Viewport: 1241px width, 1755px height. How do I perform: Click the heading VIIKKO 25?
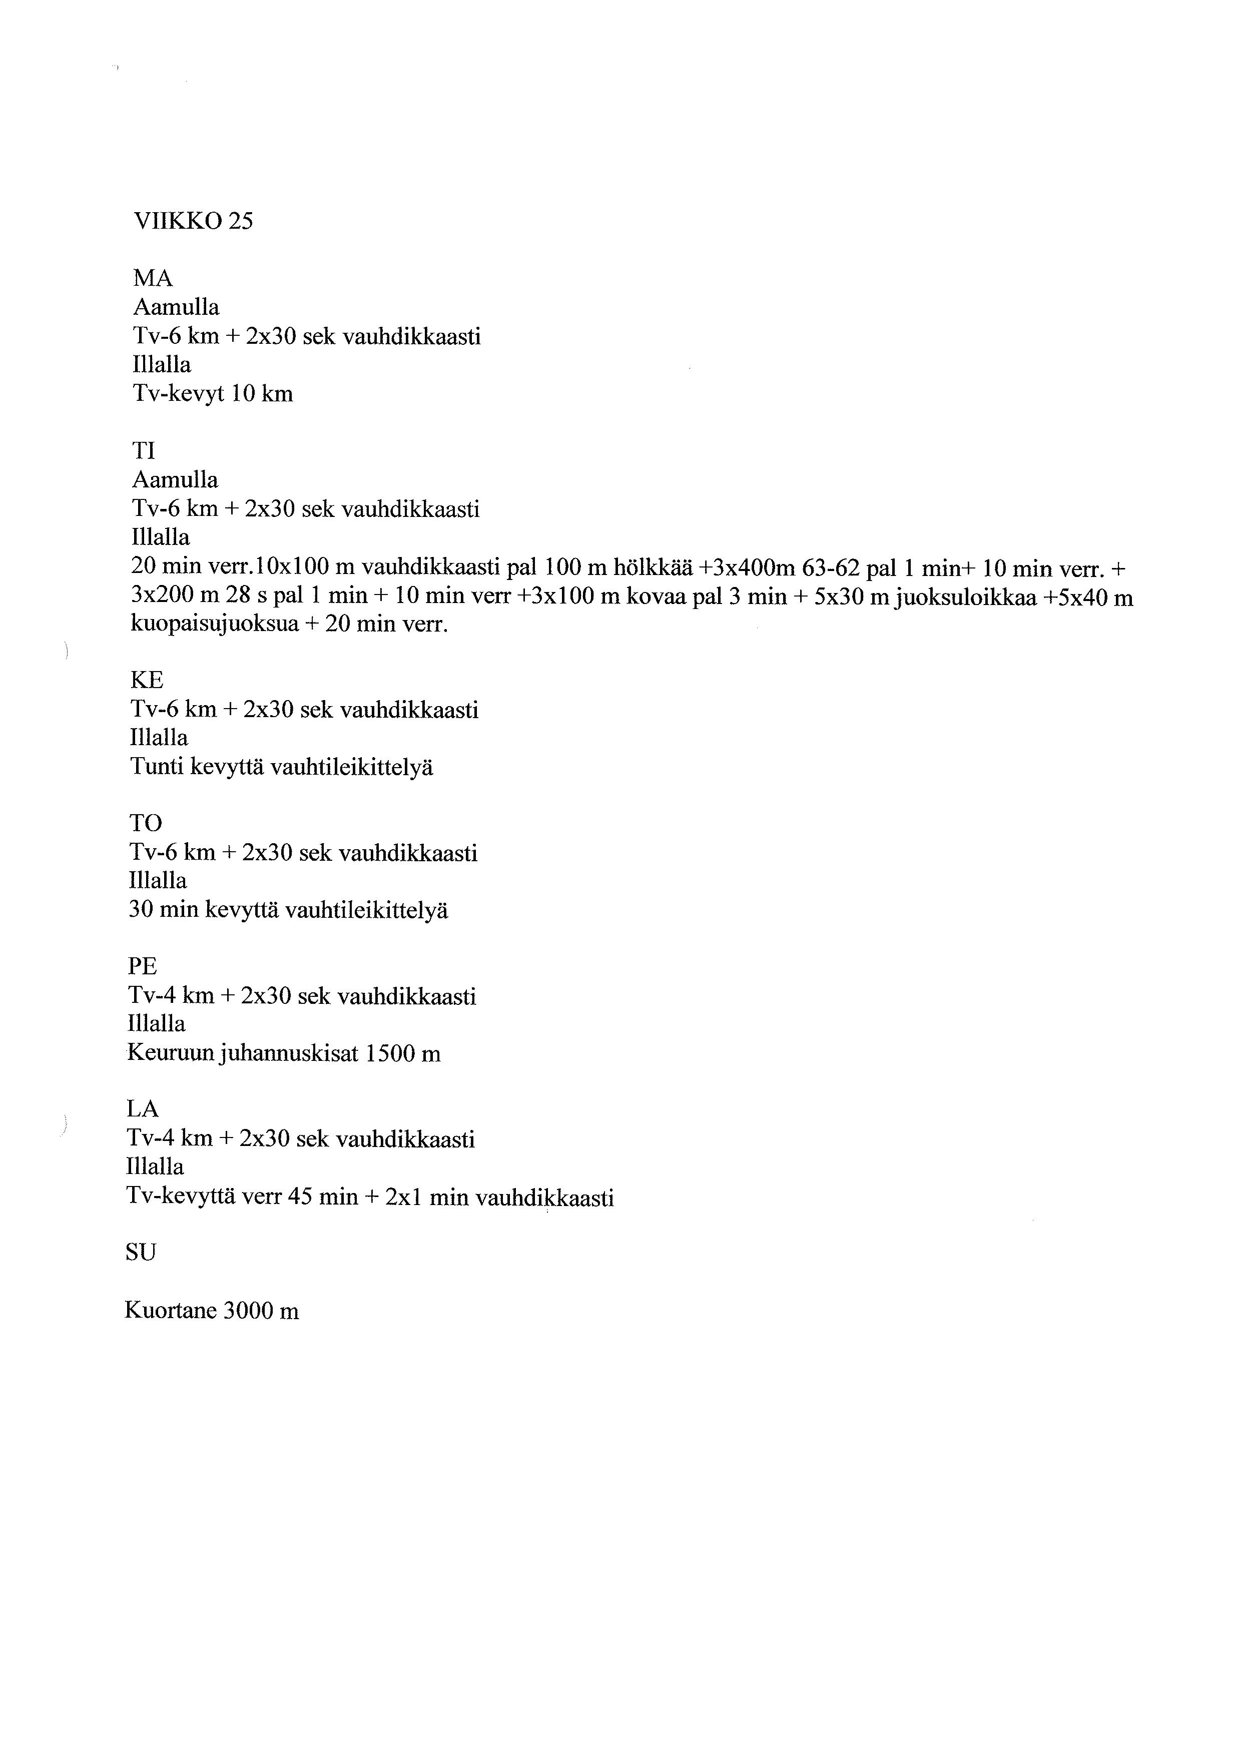tap(193, 222)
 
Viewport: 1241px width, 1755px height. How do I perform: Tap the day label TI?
tap(144, 451)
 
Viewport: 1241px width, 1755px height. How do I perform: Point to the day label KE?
tap(147, 680)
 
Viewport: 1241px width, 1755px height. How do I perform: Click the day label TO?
tap(146, 823)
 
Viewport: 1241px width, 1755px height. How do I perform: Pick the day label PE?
tap(142, 967)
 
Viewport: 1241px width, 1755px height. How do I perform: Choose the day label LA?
tap(142, 1109)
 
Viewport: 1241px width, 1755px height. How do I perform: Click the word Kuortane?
tap(171, 1312)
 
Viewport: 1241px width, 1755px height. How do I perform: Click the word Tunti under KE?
tap(156, 767)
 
